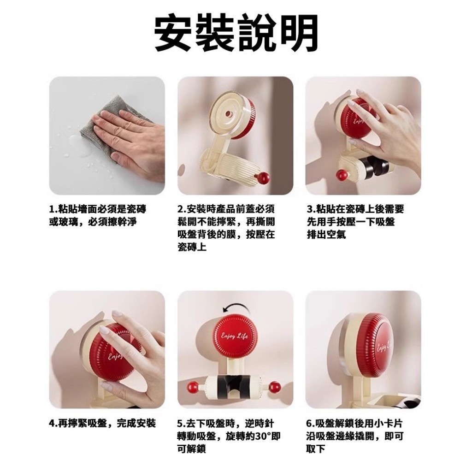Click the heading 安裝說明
[236, 33]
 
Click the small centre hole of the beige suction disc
[229, 115]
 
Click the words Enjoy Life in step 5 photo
[235, 336]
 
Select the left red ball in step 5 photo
[193, 387]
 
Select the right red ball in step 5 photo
[274, 387]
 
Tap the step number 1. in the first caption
[53, 209]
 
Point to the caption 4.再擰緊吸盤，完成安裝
[102, 423]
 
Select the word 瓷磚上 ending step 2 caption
[192, 248]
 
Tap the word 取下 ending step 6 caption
[316, 449]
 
